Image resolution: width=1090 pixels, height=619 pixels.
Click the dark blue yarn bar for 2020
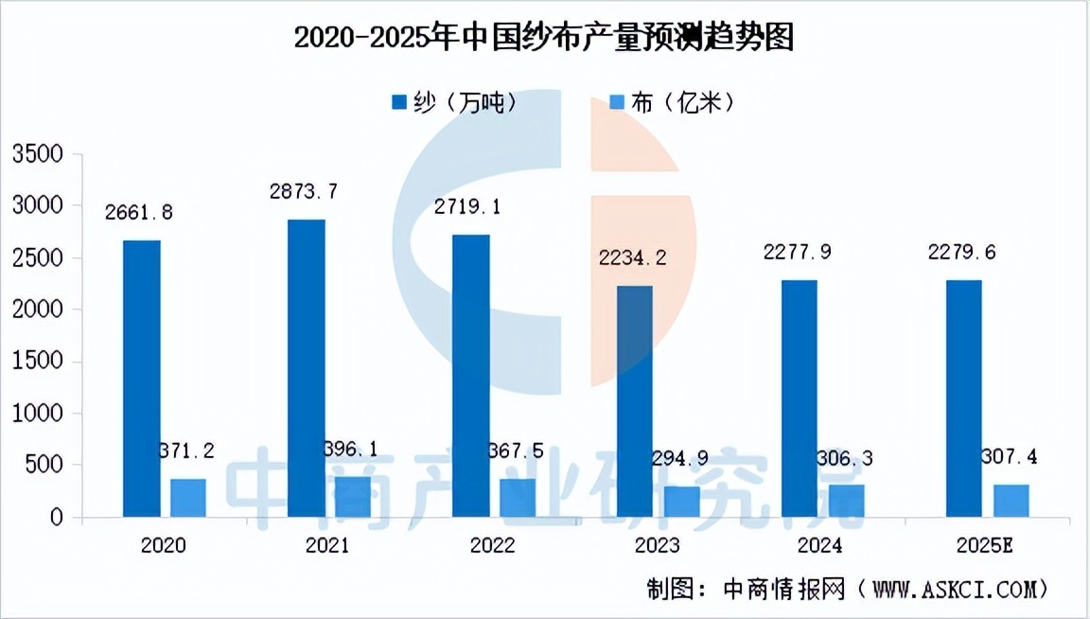(x=141, y=379)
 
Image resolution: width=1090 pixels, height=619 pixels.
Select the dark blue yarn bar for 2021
(x=306, y=368)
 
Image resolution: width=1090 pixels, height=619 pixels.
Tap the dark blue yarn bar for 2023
(x=635, y=401)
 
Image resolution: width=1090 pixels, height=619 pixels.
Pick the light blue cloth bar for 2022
(x=517, y=498)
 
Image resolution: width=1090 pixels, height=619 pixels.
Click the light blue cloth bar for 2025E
(x=1011, y=501)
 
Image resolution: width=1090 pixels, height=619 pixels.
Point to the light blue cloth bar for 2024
(x=846, y=501)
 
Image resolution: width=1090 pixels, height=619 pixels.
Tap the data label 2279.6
(x=961, y=253)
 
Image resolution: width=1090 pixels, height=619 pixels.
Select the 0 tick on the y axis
(x=57, y=518)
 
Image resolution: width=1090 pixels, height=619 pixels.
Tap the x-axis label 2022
(x=492, y=546)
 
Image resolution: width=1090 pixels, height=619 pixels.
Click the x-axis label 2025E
(x=986, y=546)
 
